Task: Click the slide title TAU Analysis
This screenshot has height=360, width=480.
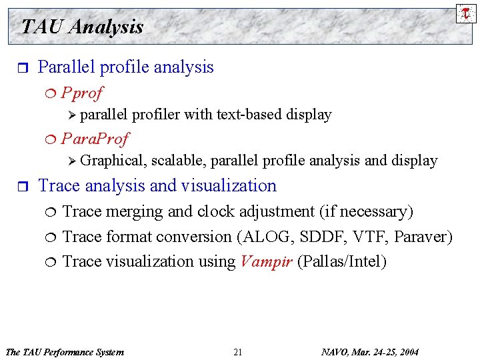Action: pos(82,27)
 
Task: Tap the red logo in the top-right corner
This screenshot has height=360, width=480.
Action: pos(466,13)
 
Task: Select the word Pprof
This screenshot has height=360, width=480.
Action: pos(82,92)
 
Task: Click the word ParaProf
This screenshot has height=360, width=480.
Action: pos(95,139)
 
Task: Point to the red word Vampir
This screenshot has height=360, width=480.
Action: pos(265,261)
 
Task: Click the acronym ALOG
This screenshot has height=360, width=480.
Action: pos(273,237)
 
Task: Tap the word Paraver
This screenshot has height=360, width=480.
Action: pos(424,237)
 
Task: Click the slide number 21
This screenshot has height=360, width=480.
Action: pos(238,352)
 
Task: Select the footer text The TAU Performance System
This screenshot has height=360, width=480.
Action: pos(64,352)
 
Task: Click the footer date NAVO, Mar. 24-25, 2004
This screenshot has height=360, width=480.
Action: pos(370,352)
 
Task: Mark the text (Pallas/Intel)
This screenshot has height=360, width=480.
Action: pos(341,261)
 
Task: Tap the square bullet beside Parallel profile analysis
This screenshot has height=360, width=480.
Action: pos(21,68)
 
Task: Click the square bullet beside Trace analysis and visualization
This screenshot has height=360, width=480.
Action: pos(21,187)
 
